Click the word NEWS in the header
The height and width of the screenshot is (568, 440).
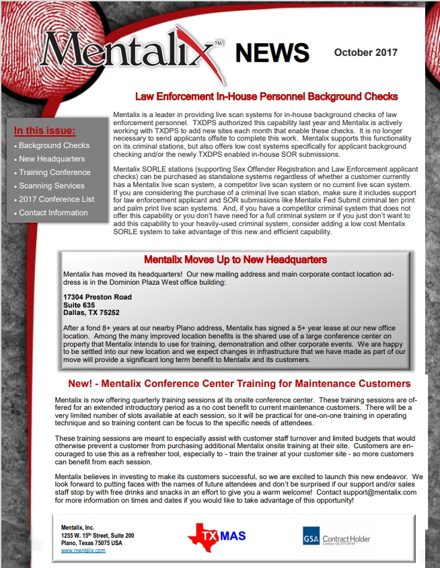pos(272,52)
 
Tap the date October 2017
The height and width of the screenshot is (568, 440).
pos(365,52)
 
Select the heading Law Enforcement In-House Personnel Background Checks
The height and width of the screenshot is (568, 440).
pos(266,97)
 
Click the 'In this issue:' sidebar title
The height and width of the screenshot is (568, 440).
pos(45,131)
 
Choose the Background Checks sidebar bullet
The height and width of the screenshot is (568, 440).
pos(54,145)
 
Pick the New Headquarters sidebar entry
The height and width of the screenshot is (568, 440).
pos(52,159)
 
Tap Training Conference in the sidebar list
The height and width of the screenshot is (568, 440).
pos(54,172)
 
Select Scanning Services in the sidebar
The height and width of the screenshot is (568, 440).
pos(52,186)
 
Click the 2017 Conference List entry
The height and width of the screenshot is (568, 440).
pos(57,199)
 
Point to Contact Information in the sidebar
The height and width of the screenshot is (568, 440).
pos(53,213)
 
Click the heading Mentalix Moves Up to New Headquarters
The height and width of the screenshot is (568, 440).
pos(235,260)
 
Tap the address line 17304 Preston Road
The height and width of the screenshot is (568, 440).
pos(98,297)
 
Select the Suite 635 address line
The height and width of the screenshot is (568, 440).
pos(79,305)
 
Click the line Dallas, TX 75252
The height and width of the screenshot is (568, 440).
pos(91,312)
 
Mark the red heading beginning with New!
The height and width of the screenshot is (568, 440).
pos(240,384)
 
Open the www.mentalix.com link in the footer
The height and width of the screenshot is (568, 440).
pos(83,551)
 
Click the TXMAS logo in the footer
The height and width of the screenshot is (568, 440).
pos(217,537)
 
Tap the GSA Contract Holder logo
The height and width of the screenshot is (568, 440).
pos(336,537)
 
